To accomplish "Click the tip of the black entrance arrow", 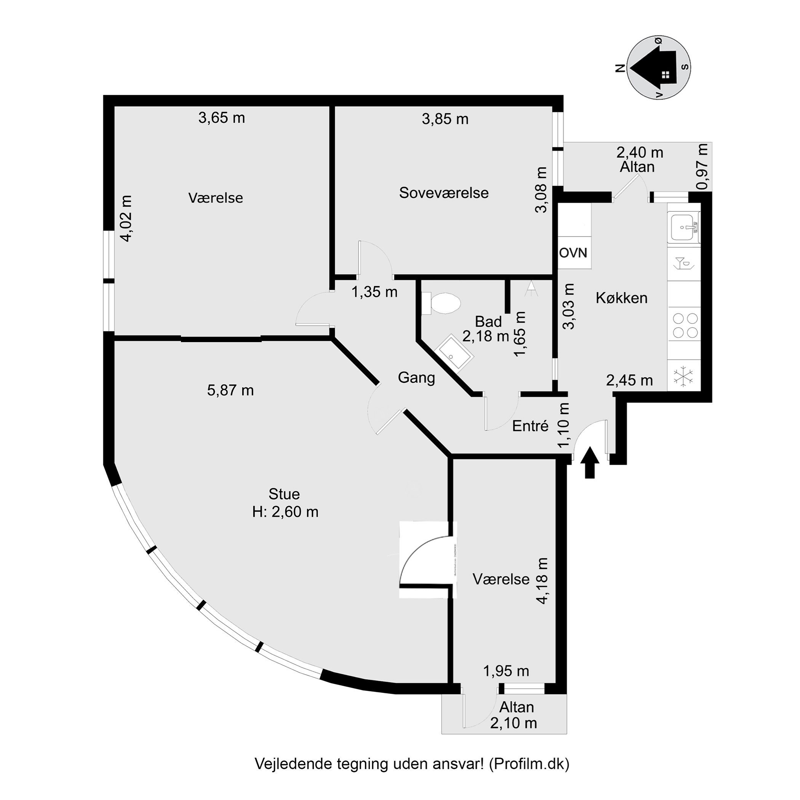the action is point(590,446).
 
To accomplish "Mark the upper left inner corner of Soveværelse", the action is point(335,107).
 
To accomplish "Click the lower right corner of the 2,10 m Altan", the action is point(566,734).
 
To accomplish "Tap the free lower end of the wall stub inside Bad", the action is point(508,312).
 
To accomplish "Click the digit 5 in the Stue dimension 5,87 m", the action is point(211,390).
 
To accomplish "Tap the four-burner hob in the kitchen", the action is point(685,325).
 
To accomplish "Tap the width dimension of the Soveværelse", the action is point(445,119).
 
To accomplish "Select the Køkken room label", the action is point(622,298).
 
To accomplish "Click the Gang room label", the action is point(416,378).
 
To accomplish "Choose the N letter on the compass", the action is point(620,68).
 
